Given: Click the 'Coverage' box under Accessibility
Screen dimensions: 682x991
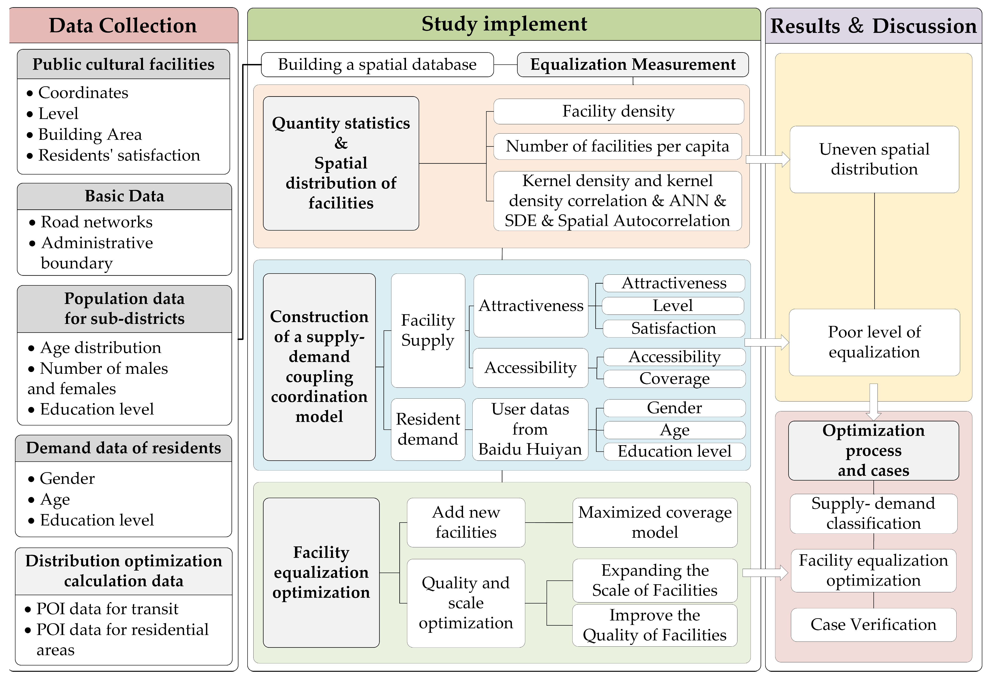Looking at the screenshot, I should click(x=674, y=379).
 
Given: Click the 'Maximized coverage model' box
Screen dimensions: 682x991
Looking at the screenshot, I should click(x=655, y=522).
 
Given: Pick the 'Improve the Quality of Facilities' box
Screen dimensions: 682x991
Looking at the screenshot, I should click(x=655, y=625).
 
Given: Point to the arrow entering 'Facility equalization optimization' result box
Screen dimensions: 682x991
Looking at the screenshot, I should click(x=765, y=573).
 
